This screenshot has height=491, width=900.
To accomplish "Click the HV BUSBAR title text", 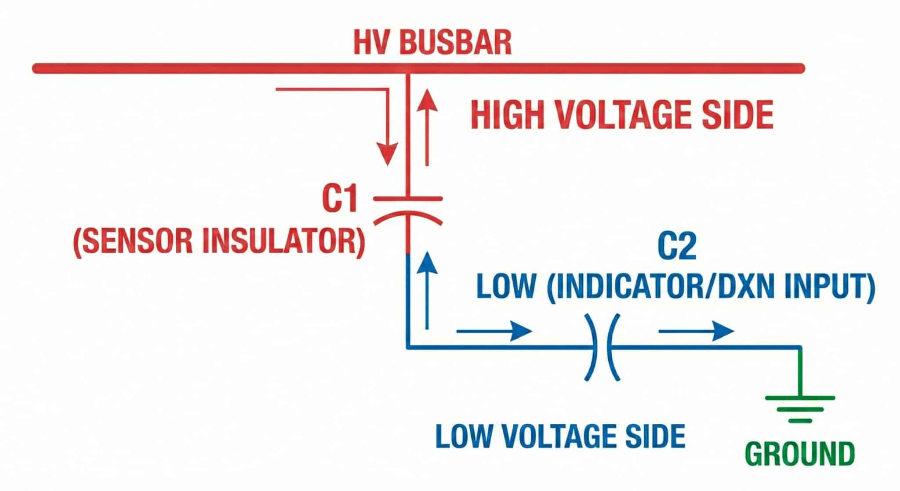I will pos(432,43).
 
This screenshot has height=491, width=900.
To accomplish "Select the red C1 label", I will pos(340,199).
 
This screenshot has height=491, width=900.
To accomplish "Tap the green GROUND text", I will pos(800,454).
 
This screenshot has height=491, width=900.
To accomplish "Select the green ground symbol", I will pos(800,409).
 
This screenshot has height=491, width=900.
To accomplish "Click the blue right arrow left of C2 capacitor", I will pos(494,331).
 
